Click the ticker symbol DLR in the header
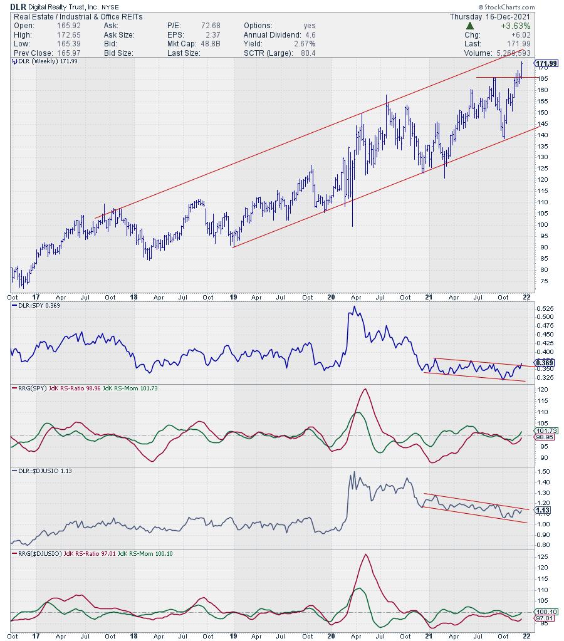point(18,6)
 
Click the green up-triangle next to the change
point(469,26)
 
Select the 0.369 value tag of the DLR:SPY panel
point(544,363)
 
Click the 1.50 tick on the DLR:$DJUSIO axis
point(543,471)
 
